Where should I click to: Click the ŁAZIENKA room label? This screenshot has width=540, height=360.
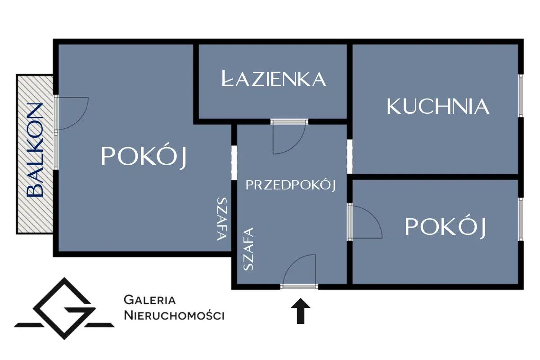tap(274, 79)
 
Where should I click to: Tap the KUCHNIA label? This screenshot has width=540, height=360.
tap(437, 106)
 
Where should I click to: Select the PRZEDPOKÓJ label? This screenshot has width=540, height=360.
tap(291, 184)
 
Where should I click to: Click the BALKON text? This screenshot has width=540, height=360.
tap(35, 150)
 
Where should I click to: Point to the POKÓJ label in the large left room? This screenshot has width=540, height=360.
tap(144, 157)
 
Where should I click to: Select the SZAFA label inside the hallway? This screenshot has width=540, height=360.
tap(248, 249)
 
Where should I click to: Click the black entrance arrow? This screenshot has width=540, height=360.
tap(301, 312)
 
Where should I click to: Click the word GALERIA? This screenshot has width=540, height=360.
tap(149, 300)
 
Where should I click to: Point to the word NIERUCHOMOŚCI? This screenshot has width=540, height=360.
tap(174, 315)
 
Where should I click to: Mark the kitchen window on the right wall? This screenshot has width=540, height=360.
tap(521, 95)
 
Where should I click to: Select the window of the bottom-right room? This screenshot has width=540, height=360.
tap(521, 219)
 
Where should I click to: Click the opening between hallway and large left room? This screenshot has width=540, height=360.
tap(234, 162)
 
